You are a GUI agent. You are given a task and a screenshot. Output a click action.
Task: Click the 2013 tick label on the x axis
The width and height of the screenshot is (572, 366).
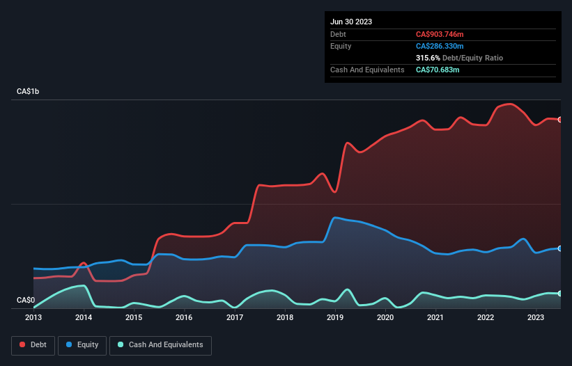(x=33, y=317)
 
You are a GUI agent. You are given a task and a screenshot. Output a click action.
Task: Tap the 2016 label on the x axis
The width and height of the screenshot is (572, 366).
(x=184, y=317)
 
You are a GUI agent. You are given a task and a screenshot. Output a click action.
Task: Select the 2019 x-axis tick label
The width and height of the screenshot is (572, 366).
(x=335, y=317)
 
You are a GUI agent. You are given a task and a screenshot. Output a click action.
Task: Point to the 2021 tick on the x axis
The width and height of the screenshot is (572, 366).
(x=435, y=317)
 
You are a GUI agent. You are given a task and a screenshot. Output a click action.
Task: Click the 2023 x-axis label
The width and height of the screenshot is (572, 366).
(x=536, y=317)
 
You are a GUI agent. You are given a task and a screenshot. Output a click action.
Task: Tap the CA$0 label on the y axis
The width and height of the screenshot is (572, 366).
(x=26, y=300)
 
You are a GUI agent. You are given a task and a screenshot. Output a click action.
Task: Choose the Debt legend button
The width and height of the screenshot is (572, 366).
(x=33, y=345)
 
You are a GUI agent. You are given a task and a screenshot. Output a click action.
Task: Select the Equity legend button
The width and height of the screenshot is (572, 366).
(x=82, y=345)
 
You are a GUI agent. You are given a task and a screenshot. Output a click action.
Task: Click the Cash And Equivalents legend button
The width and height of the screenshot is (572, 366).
(x=160, y=345)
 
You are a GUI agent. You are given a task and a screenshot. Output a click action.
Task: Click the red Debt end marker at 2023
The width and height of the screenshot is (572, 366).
(x=560, y=120)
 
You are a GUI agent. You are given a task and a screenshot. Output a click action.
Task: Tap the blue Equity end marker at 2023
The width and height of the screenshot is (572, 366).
(x=560, y=248)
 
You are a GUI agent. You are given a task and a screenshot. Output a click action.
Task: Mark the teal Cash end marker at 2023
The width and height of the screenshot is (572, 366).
(x=560, y=294)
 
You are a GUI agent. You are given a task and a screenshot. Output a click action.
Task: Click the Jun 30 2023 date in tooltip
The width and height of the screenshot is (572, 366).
(x=351, y=22)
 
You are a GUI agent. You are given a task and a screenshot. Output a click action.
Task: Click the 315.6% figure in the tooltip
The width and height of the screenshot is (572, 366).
(x=428, y=58)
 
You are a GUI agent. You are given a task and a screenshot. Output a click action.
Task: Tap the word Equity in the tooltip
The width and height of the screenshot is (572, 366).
(x=341, y=46)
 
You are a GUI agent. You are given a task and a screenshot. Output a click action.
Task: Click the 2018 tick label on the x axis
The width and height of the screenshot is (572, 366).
(x=285, y=317)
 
